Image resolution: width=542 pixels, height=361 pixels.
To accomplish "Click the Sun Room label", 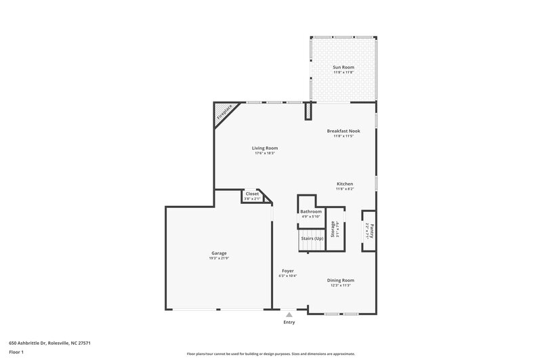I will (343, 66).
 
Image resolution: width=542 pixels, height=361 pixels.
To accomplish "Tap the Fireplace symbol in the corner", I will (224, 113).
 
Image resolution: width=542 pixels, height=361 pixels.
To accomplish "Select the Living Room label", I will (265, 148).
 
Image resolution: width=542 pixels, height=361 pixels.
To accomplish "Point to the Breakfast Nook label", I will (343, 131).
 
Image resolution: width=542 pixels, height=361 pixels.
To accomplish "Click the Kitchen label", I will (345, 184).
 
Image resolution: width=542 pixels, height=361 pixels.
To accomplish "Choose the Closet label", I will (252, 194).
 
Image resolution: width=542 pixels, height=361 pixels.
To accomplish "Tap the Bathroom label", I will (311, 211).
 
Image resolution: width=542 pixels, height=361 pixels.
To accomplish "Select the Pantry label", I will (371, 230).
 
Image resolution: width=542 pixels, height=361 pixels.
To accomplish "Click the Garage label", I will (218, 253).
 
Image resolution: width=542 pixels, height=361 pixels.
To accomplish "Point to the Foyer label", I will (287, 271).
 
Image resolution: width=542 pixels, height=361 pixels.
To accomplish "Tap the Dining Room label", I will (341, 280).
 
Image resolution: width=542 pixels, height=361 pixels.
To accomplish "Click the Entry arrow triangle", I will (289, 314).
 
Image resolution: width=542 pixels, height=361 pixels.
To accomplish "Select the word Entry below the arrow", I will (289, 322).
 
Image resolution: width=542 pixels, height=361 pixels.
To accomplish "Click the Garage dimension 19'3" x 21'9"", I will (218, 259).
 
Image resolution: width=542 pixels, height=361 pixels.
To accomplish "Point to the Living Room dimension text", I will (265, 153).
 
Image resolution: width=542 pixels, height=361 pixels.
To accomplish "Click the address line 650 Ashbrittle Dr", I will (49, 343).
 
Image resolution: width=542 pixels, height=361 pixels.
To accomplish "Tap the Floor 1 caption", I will (17, 352).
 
